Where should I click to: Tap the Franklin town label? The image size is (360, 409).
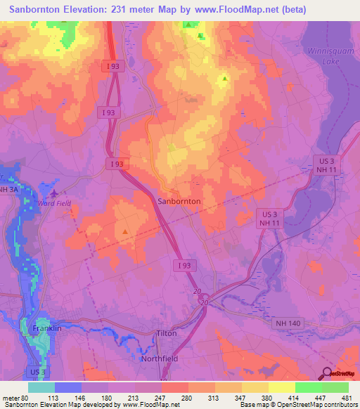48,328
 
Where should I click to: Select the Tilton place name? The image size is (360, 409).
167,333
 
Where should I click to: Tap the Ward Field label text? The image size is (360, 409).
55,204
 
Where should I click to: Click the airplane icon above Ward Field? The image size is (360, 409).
55,192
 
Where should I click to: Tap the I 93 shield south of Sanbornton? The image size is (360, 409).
184,265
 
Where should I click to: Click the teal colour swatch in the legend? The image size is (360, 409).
41,387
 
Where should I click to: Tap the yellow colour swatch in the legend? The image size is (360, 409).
282,387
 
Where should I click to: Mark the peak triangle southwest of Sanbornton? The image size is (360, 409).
125,231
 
